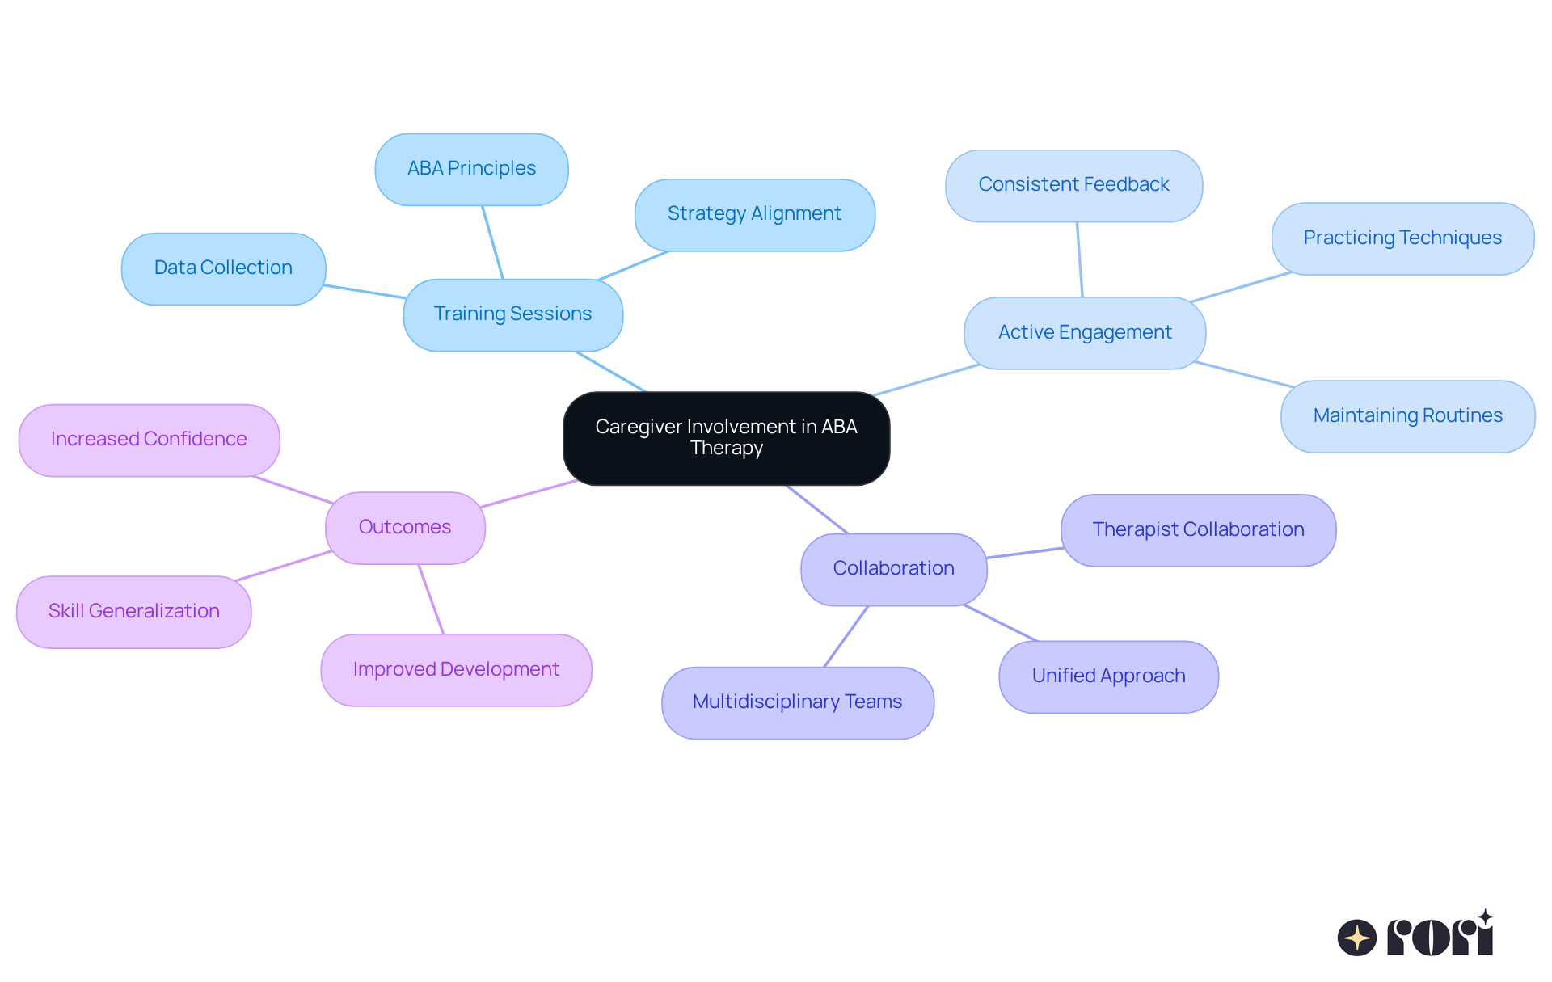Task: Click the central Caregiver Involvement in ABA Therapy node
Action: (726, 438)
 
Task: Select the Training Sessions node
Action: (512, 314)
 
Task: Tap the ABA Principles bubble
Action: (471, 169)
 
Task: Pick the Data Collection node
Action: (223, 268)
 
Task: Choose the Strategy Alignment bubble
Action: (754, 214)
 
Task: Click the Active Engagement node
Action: (1084, 333)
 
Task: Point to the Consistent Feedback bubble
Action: (1073, 185)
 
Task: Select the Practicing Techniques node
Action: (1402, 238)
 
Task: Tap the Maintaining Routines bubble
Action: (1407, 416)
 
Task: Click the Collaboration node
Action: (893, 569)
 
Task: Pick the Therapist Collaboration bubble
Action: (1198, 530)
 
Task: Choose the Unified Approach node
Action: (1108, 676)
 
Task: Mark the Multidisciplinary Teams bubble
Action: (797, 702)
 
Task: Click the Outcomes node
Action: (405, 528)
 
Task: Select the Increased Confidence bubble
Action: (149, 440)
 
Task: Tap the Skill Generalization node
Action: (134, 612)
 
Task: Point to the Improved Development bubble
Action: (456, 670)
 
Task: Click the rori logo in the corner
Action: (1415, 935)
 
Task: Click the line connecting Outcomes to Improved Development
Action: (431, 599)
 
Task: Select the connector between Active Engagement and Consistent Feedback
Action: (1079, 259)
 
